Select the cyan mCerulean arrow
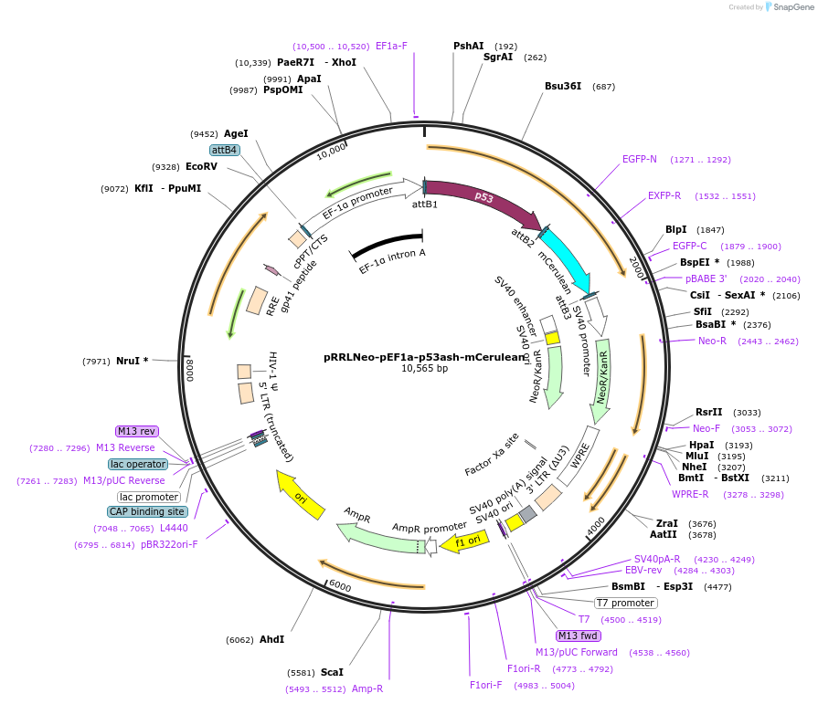(x=567, y=256)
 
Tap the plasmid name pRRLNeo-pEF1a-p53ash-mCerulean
(x=425, y=357)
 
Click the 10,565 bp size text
(x=424, y=369)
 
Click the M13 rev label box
(x=137, y=431)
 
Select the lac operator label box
(x=139, y=464)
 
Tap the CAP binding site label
(x=147, y=511)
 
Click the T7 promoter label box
(x=625, y=603)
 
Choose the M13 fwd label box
(x=579, y=636)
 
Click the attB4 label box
(x=224, y=150)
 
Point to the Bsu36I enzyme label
(x=563, y=87)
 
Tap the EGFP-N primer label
(x=640, y=159)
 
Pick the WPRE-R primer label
(x=690, y=494)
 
